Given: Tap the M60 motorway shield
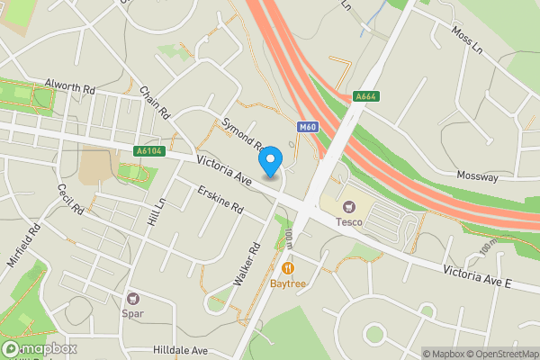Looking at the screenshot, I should coord(307,127).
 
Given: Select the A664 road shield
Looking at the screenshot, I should coord(364,96).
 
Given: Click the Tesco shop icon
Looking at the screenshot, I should coord(348,205).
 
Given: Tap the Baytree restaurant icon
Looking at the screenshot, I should coord(287,267).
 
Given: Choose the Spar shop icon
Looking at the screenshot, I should coord(133,298).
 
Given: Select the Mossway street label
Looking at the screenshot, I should coord(477,177).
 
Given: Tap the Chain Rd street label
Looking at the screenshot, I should coord(155,103).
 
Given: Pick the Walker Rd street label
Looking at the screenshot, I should coord(247,264).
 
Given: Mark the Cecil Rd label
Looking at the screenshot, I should coord(69,201).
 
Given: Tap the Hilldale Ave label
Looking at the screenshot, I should coord(180,351).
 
